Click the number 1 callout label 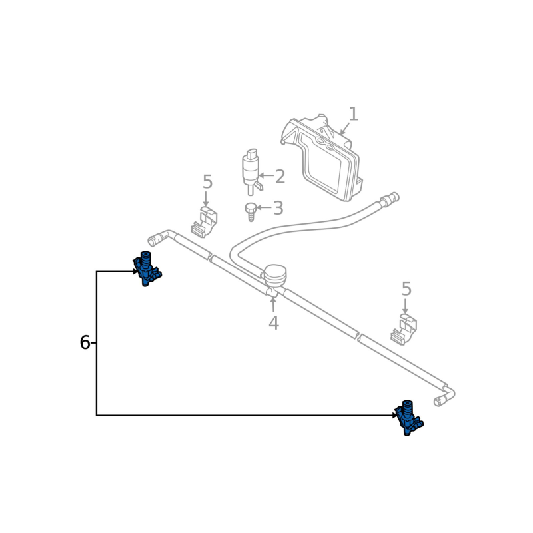[353, 115]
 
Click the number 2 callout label [280, 177]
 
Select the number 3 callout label [278, 209]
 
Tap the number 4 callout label [273, 324]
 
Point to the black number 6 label [85, 343]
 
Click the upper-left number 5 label [207, 182]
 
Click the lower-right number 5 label [406, 290]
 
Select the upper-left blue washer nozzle [147, 268]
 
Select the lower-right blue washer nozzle [408, 418]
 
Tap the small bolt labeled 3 [251, 211]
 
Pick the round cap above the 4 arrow [274, 274]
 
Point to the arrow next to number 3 [263, 208]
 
